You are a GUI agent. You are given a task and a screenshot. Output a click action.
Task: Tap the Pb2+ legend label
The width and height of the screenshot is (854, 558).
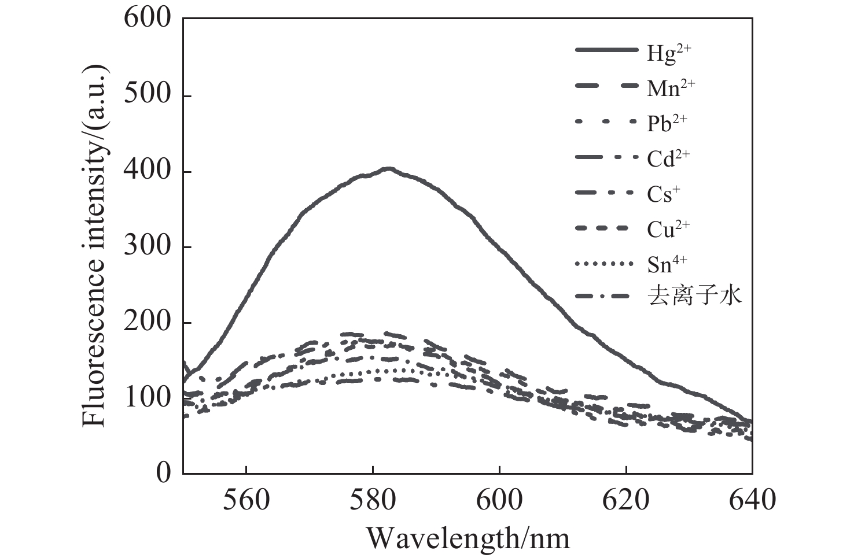click(667, 123)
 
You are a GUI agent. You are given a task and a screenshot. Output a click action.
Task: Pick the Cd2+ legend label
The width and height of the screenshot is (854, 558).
click(669, 158)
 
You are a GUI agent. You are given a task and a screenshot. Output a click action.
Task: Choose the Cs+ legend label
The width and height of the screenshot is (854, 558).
click(664, 194)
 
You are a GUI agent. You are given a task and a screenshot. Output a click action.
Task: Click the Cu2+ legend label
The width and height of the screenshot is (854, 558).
click(669, 228)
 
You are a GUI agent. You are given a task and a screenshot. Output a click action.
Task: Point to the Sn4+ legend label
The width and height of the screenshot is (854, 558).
click(667, 264)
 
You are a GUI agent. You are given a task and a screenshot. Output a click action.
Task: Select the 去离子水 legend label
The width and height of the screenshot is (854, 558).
click(695, 296)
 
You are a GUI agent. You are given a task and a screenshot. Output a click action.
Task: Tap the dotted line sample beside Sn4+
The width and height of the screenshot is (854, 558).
click(604, 263)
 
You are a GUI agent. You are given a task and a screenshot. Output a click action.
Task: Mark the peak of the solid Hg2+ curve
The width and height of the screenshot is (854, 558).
click(388, 168)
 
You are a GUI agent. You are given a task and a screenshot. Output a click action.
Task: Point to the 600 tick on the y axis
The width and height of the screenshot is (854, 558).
click(183, 18)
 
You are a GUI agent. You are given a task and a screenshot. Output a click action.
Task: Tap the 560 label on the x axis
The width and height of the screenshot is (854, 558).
click(246, 500)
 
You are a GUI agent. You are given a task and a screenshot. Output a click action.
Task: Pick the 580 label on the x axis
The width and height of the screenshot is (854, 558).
click(373, 500)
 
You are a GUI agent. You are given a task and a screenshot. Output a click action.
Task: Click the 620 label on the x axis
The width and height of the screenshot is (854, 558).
click(625, 500)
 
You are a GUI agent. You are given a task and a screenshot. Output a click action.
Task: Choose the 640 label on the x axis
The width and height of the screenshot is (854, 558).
click(752, 500)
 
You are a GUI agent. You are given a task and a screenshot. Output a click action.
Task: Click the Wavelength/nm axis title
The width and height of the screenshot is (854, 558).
click(468, 538)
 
